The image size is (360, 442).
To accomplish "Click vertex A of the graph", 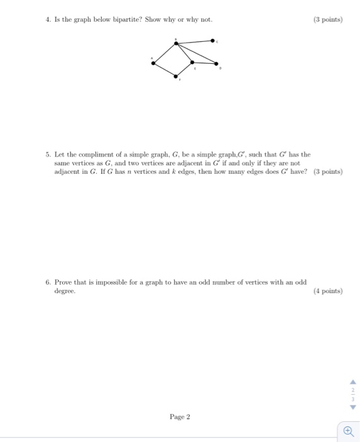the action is click(152, 62).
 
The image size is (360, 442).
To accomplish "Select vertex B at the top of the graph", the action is click(176, 43).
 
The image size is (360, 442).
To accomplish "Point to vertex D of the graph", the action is click(217, 64).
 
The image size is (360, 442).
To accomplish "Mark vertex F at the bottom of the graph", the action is click(176, 76).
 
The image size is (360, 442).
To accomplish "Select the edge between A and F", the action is click(164, 69).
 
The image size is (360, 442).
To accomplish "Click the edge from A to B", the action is click(164, 52).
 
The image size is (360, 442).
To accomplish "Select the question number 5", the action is click(47, 154).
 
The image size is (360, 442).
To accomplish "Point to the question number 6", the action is click(47, 282).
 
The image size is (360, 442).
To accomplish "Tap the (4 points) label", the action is click(327, 291).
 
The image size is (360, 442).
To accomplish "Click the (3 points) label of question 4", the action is click(327, 19).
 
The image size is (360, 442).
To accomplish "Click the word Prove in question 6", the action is click(63, 282).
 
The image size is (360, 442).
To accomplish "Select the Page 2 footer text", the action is click(179, 417).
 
